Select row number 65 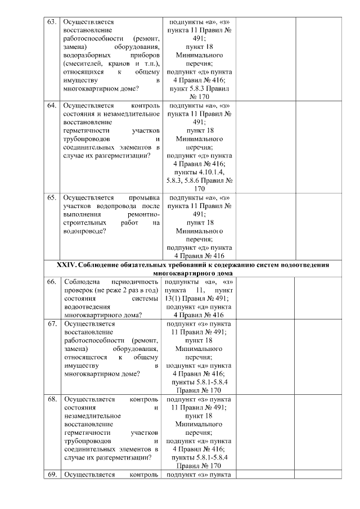(x=51, y=198)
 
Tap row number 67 (x=51, y=324)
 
